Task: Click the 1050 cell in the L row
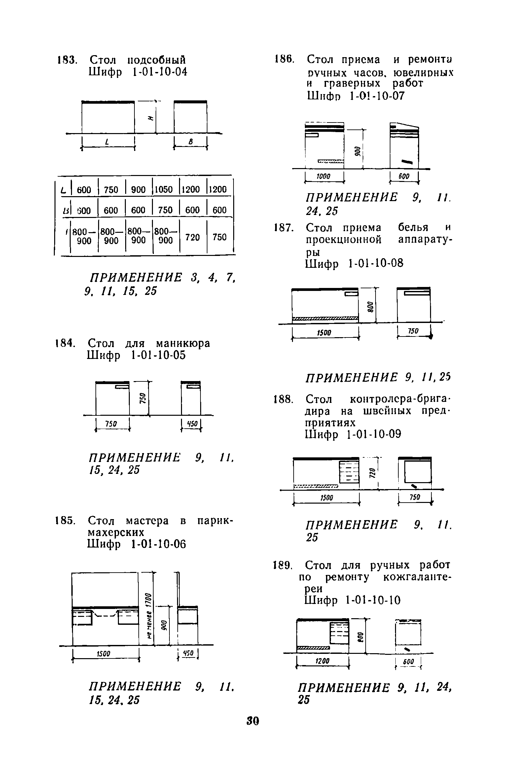tap(164, 190)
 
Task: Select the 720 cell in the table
tap(193, 237)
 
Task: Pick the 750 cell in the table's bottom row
tap(220, 237)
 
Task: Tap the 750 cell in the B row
tap(165, 210)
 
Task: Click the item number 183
tap(67, 60)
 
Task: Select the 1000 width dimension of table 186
tap(323, 177)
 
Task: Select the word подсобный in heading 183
tap(157, 60)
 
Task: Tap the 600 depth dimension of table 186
tap(404, 177)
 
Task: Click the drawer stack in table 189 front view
tap(339, 633)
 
